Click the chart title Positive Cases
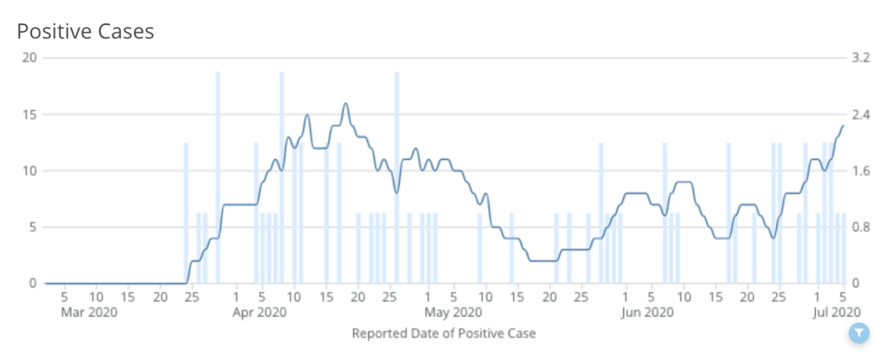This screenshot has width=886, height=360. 86,32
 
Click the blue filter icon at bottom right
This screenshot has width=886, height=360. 858,332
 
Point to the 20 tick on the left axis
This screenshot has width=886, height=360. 31,57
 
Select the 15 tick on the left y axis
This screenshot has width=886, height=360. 31,114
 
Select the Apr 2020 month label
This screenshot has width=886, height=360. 260,312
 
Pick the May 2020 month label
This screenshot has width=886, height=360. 455,312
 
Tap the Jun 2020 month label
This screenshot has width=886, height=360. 648,312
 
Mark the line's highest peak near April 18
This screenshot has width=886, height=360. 345,104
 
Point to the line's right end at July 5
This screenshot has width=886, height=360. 843,126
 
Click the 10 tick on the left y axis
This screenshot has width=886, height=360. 31,170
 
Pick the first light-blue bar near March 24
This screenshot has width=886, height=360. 186,212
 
